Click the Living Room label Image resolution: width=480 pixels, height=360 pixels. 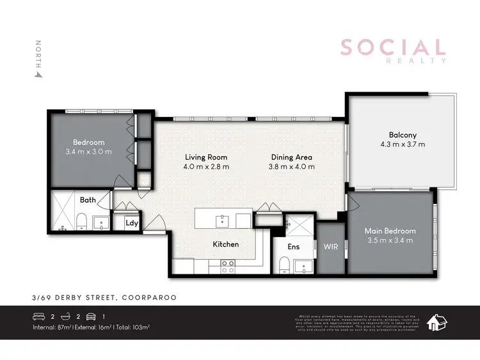206,157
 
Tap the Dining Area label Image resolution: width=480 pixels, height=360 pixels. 291,157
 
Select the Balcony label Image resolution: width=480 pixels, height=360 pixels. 403,135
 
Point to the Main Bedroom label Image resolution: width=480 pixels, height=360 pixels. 390,231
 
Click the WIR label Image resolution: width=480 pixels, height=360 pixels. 331,246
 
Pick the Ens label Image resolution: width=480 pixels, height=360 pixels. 294,247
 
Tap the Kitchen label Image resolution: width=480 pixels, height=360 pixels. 225,244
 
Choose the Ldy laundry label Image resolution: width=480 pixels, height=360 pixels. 132,223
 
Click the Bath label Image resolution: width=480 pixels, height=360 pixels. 88,200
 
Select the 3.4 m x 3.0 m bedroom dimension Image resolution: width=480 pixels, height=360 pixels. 88,152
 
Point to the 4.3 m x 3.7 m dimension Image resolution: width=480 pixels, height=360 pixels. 403,145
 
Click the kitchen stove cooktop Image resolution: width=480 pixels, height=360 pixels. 228,266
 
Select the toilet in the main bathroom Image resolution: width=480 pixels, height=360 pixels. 81,222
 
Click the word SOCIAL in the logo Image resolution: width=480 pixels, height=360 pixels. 392,47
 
